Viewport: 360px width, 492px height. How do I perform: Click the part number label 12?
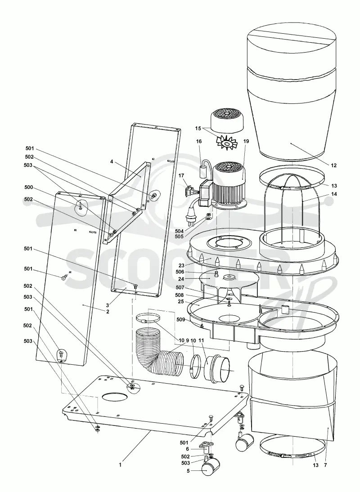pyautogui.click(x=333, y=165)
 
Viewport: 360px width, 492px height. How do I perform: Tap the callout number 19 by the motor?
pyautogui.click(x=246, y=141)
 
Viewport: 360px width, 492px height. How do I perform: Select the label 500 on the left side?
pyautogui.click(x=28, y=188)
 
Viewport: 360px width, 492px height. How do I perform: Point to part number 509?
pyautogui.click(x=180, y=320)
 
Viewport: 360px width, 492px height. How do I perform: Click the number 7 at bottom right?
pyautogui.click(x=325, y=465)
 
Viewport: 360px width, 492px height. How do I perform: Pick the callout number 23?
pyautogui.click(x=181, y=265)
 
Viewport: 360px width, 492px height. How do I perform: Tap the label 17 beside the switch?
pyautogui.click(x=181, y=176)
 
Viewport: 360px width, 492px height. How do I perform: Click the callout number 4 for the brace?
pyautogui.click(x=112, y=161)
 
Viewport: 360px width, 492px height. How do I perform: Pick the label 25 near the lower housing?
pyautogui.click(x=181, y=301)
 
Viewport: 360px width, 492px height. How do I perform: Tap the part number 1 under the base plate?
pyautogui.click(x=120, y=465)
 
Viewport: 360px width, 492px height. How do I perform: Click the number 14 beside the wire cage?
pyautogui.click(x=334, y=194)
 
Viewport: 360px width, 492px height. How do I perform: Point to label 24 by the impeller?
pyautogui.click(x=181, y=279)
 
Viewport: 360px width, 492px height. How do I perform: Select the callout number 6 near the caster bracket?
pyautogui.click(x=187, y=449)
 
